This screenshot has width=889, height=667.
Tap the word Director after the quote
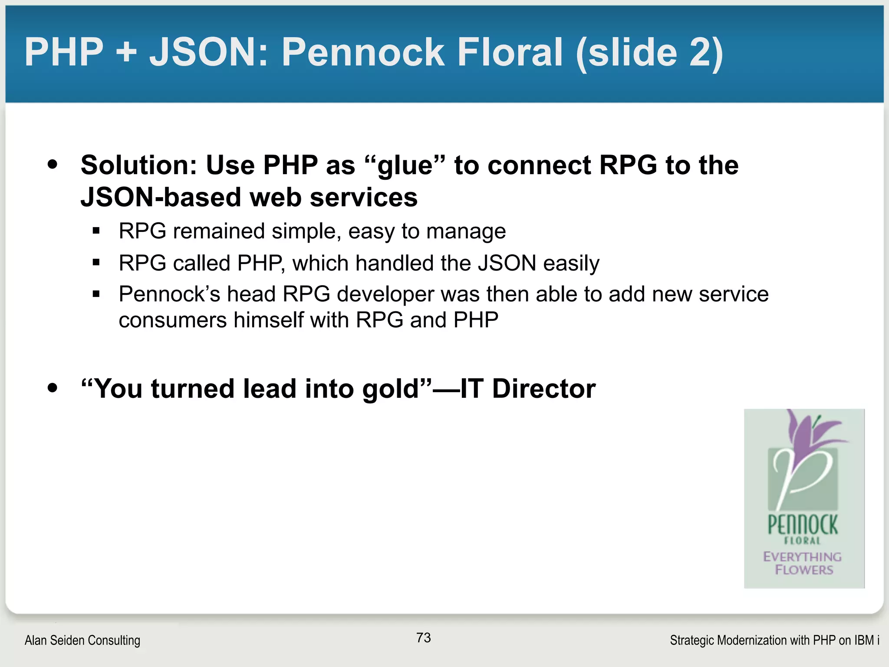543,389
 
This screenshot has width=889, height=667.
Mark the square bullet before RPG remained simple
96,231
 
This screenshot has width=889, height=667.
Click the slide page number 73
423,637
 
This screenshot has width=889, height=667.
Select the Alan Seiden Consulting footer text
82,640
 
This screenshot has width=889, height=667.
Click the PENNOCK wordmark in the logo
803,525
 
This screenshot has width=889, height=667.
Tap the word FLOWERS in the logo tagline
804,570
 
